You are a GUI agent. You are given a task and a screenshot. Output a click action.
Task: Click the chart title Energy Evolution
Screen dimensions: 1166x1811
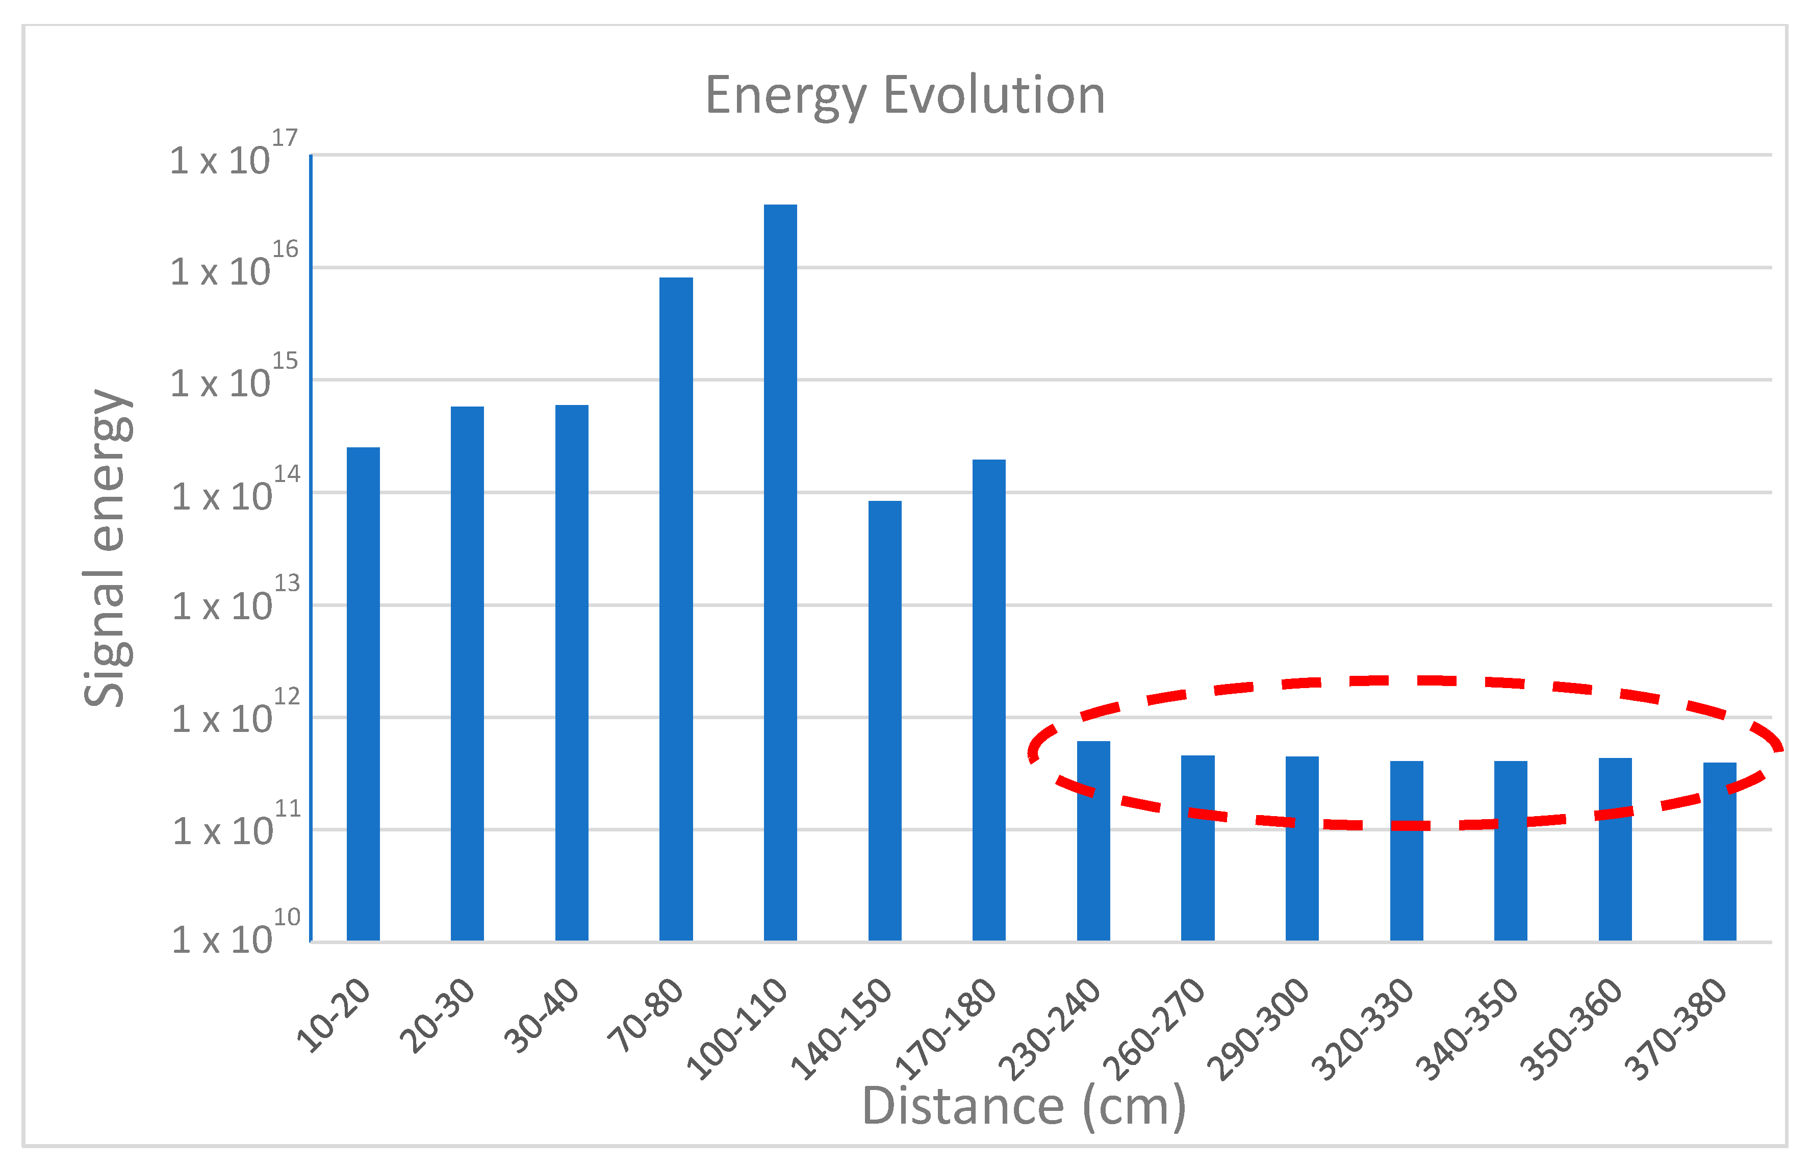tap(905, 96)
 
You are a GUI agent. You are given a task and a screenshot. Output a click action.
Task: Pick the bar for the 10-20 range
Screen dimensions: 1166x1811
tap(364, 694)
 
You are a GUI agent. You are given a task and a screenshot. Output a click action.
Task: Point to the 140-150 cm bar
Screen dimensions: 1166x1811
tap(884, 720)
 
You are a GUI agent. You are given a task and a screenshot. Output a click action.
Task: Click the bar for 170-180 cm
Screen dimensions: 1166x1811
tap(989, 700)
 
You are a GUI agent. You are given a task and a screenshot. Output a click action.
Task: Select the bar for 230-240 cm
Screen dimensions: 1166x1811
tap(1093, 841)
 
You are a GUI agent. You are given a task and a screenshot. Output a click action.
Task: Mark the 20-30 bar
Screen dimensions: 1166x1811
tap(467, 673)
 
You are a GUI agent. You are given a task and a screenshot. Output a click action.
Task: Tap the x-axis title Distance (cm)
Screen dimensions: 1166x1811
tap(1024, 1107)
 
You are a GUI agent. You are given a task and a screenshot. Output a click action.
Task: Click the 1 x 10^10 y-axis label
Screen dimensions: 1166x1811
tap(235, 936)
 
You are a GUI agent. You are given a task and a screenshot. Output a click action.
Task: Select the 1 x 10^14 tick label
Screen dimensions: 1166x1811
tap(235, 492)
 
